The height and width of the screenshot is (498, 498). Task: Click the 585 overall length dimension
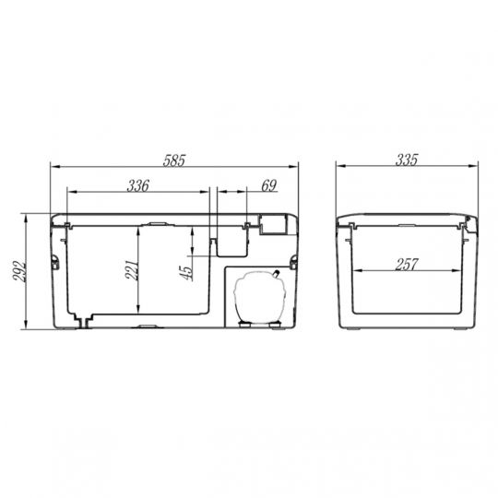(173, 160)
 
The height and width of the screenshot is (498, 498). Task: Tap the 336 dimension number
(137, 185)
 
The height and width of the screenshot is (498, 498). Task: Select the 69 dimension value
(269, 185)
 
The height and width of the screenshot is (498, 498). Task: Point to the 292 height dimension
(18, 271)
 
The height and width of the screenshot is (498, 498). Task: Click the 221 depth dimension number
(132, 270)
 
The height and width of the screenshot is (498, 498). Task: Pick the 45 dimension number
(186, 273)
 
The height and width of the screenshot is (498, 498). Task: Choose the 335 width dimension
(407, 160)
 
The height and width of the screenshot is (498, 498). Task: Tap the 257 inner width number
(407, 265)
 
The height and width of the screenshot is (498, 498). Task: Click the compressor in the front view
(259, 298)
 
